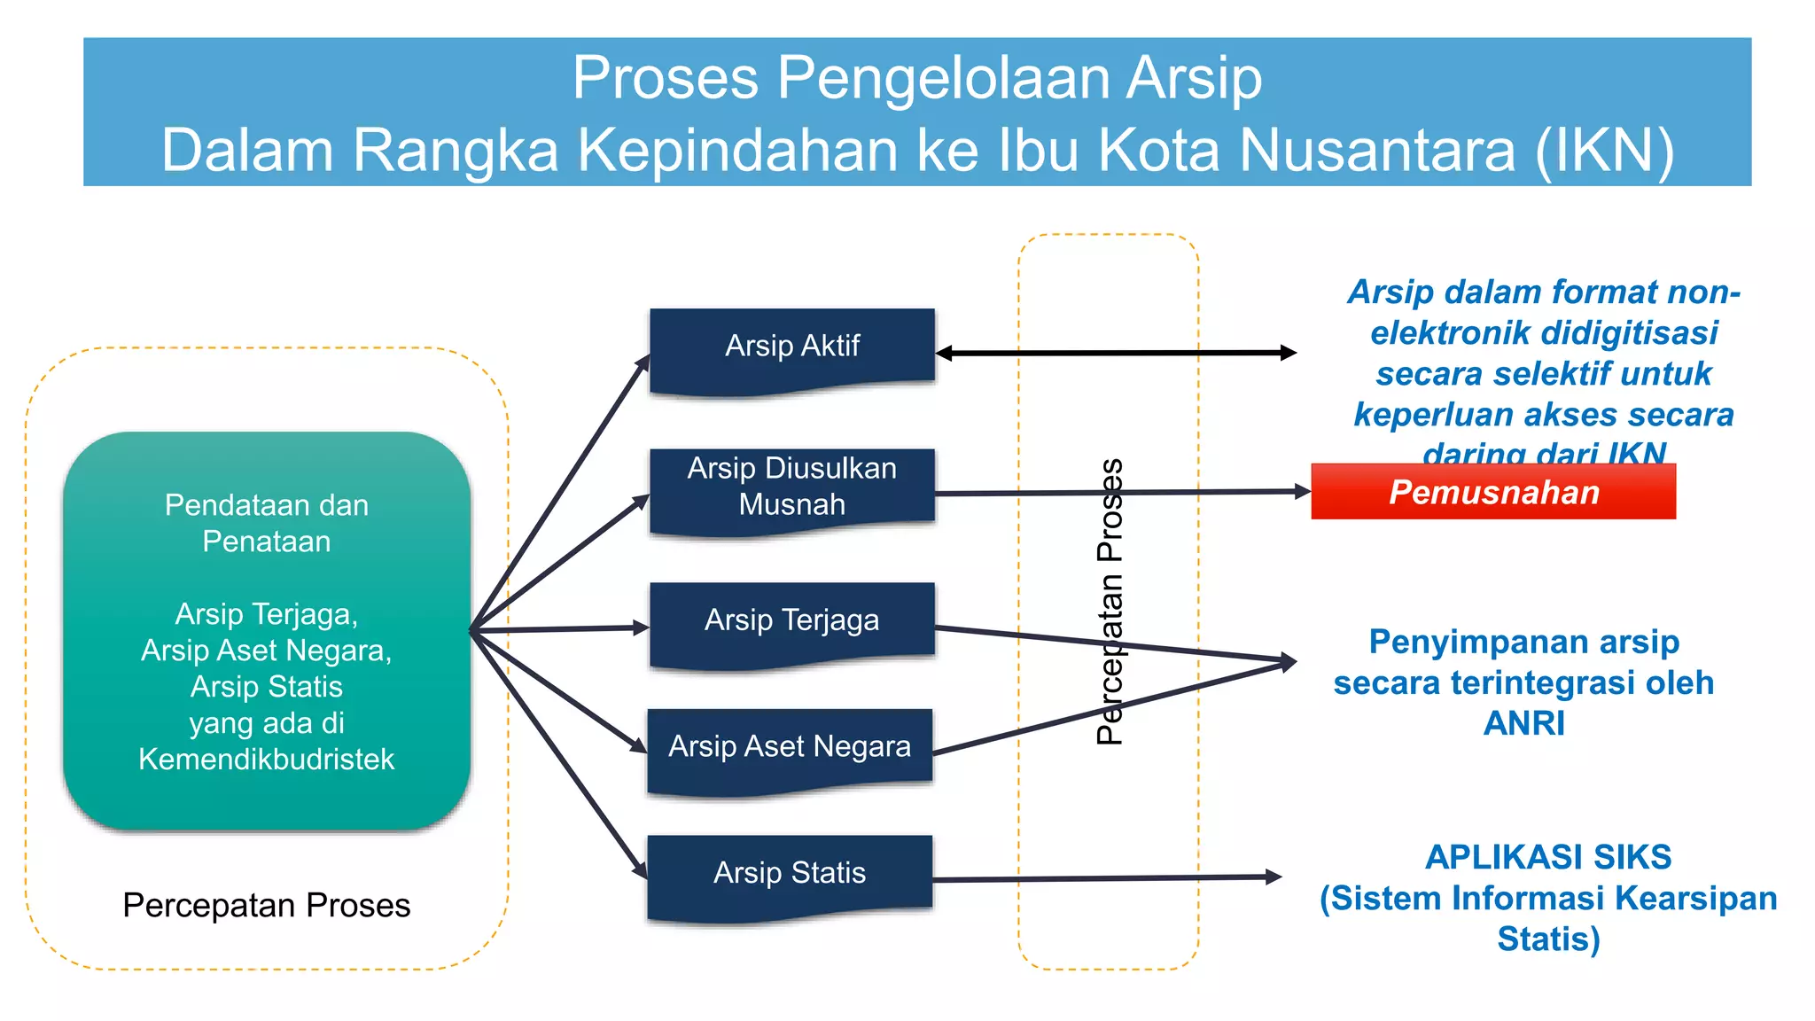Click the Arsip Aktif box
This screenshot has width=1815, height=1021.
(791, 347)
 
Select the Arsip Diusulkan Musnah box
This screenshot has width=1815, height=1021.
(791, 487)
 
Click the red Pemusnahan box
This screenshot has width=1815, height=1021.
(1493, 492)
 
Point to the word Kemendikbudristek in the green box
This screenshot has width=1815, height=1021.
(266, 760)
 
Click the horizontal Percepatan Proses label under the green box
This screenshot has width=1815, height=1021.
(266, 906)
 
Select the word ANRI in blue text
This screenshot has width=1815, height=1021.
(1523, 723)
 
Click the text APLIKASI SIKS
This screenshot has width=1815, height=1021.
(1547, 857)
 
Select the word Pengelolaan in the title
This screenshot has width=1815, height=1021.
(943, 78)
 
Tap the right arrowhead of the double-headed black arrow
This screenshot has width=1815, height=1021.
(1289, 353)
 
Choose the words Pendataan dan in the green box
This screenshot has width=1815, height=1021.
(266, 505)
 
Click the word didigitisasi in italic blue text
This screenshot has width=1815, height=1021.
(1543, 333)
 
